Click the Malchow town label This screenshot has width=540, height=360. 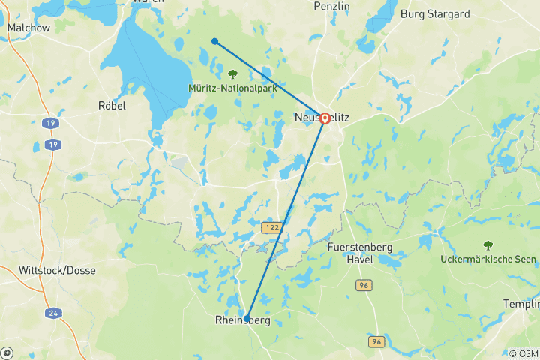(x=28, y=28)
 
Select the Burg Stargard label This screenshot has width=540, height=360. (x=435, y=13)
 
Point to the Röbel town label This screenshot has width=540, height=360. (x=112, y=106)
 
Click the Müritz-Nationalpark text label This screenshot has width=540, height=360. (x=232, y=88)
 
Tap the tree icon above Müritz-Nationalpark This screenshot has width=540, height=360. (x=232, y=74)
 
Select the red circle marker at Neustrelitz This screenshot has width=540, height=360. (x=325, y=118)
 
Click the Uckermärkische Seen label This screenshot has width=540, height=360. (x=488, y=259)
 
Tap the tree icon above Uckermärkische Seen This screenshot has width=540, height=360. (x=488, y=244)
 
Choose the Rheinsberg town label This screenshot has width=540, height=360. (x=242, y=321)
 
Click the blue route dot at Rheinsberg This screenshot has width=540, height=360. (x=247, y=318)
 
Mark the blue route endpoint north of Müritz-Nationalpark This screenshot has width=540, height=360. (x=214, y=41)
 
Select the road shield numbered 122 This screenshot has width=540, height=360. (x=271, y=227)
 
